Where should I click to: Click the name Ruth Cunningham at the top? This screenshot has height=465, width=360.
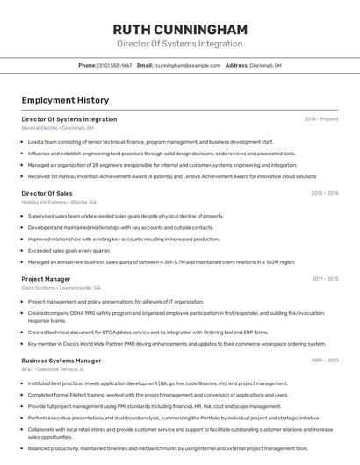tap(180, 29)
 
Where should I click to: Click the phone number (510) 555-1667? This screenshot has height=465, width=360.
tap(115, 65)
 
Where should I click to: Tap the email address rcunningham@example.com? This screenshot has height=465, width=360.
tap(187, 65)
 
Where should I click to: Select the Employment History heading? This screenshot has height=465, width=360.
tap(65, 101)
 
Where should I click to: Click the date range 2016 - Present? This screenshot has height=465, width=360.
tap(321, 118)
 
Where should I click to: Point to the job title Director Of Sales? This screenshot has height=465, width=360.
tap(47, 193)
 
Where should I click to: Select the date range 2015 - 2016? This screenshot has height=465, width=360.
tap(324, 193)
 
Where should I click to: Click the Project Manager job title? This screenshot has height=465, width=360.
tap(46, 279)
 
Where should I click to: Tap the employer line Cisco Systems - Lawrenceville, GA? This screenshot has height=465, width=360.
tap(61, 288)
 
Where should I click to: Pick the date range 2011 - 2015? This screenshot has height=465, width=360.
tap(324, 279)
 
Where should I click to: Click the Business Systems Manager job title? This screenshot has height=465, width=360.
tap(61, 361)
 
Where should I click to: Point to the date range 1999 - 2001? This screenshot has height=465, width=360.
tap(324, 361)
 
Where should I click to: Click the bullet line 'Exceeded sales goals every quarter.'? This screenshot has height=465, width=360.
tap(69, 250)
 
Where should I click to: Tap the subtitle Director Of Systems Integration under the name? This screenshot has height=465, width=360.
tap(180, 44)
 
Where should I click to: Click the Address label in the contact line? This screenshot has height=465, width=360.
tap(237, 65)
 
